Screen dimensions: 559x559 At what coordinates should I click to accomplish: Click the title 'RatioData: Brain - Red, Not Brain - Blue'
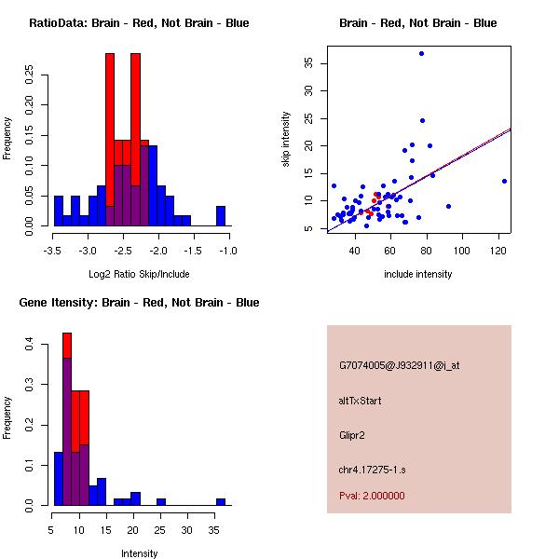(x=139, y=23)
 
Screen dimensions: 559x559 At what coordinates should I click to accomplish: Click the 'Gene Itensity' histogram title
(x=139, y=303)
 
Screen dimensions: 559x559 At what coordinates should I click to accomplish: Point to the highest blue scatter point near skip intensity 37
(x=421, y=53)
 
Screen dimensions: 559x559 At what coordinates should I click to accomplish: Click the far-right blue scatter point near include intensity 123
(x=504, y=181)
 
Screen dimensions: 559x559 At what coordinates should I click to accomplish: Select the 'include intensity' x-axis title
(x=418, y=274)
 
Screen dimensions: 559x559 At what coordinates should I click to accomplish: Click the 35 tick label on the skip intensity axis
(x=308, y=63)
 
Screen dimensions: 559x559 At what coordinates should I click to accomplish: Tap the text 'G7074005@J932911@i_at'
(x=399, y=365)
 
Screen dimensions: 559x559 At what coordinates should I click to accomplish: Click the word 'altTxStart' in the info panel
(x=360, y=401)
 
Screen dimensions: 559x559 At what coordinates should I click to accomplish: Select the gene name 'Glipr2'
(x=354, y=435)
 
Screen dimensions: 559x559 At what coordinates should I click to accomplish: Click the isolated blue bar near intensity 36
(x=221, y=501)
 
